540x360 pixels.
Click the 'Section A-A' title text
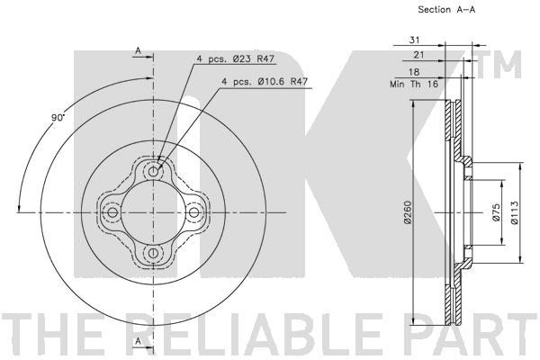point(446,10)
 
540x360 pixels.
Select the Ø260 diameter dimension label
point(408,212)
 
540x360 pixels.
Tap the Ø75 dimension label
point(496,211)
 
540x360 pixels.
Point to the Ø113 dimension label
point(514,212)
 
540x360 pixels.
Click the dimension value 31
point(414,40)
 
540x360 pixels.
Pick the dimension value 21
point(418,55)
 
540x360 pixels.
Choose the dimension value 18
point(414,72)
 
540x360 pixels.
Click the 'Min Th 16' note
point(414,84)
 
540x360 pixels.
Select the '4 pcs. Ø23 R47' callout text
point(235,58)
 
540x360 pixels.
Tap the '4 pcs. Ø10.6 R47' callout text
point(265,82)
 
